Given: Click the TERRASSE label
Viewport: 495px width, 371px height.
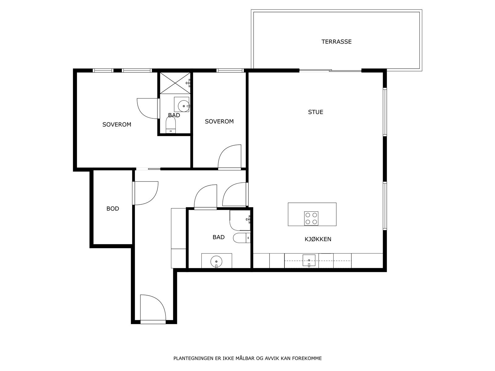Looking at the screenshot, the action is pyautogui.click(x=336, y=42).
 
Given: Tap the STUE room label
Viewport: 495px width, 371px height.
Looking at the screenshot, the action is pyautogui.click(x=316, y=112).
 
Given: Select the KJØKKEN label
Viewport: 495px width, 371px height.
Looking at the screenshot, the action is pyautogui.click(x=318, y=239).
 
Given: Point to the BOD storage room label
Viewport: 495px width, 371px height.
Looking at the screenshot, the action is pyautogui.click(x=113, y=209).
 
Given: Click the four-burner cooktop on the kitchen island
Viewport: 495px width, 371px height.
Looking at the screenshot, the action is pyautogui.click(x=311, y=218).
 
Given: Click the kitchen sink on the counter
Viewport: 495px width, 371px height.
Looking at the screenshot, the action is pyautogui.click(x=309, y=261).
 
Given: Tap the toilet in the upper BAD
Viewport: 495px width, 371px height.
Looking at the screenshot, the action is pyautogui.click(x=170, y=126).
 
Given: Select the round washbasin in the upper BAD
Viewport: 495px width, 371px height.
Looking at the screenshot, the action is pyautogui.click(x=183, y=106).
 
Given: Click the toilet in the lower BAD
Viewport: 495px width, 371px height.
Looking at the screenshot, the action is pyautogui.click(x=242, y=238).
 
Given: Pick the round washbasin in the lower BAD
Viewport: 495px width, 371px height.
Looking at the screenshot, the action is pyautogui.click(x=216, y=262).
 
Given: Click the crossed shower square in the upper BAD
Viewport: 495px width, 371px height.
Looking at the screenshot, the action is pyautogui.click(x=175, y=83).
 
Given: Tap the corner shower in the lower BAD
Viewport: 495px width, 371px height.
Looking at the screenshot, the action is pyautogui.click(x=240, y=220).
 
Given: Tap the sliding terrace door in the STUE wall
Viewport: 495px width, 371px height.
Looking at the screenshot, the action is pyautogui.click(x=330, y=71).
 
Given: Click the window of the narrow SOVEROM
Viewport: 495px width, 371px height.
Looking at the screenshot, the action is pyautogui.click(x=230, y=70).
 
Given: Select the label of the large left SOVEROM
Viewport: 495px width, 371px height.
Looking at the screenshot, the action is pyautogui.click(x=117, y=125).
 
